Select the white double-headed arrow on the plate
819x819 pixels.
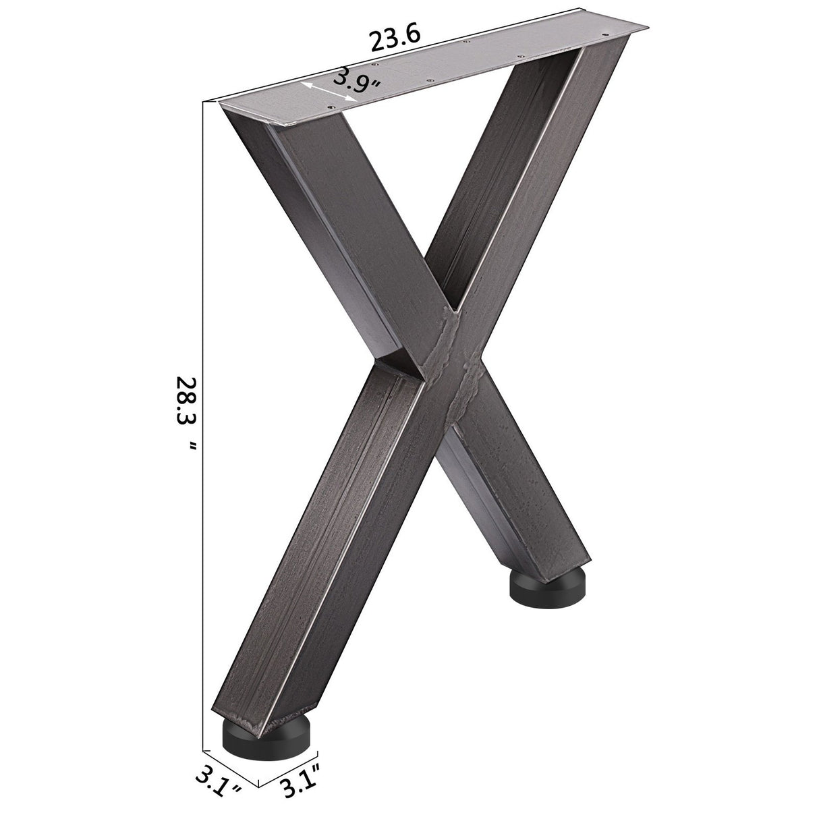point(328,92)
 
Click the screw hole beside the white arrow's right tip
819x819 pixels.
point(331,107)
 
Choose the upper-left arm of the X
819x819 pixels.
point(324,223)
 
